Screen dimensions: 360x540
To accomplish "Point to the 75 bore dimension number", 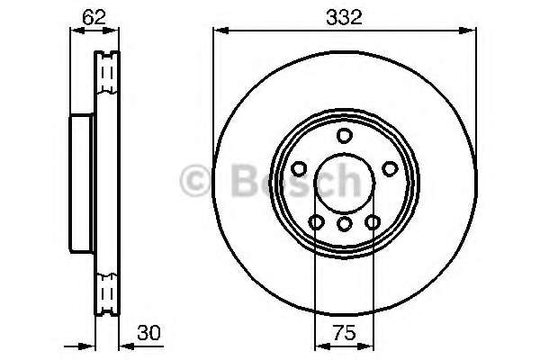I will coord(343,331).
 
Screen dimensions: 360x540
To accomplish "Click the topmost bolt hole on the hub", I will coord(343,136).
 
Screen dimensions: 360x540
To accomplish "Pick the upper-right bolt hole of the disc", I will coord(389,168).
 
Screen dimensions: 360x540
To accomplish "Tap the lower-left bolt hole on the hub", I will coord(315,223).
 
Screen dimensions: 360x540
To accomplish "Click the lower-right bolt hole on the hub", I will coord(371,223).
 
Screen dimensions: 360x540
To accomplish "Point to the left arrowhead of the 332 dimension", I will coord(219,30).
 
